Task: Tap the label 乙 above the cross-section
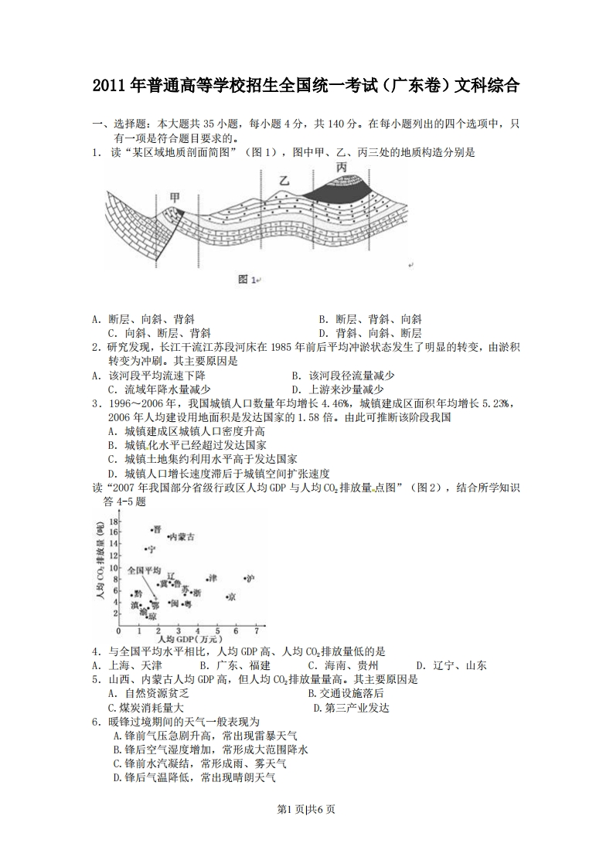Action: [284, 180]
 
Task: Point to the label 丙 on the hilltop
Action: [342, 167]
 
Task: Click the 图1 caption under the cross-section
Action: [247, 279]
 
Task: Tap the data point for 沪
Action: [245, 578]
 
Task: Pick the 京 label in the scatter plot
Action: [231, 597]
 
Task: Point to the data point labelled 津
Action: [207, 578]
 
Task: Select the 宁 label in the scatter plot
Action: [152, 549]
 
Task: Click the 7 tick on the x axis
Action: [256, 630]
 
